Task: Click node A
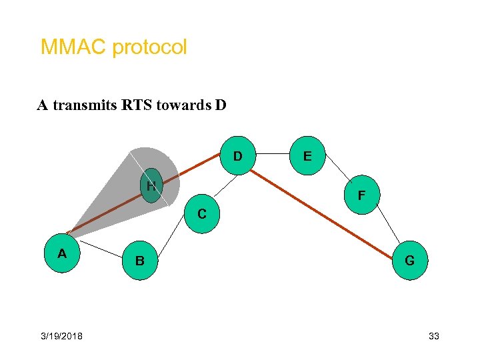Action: (63, 253)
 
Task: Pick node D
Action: (237, 156)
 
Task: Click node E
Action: (307, 156)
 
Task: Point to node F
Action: (361, 195)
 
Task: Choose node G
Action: (409, 260)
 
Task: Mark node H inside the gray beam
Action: (152, 186)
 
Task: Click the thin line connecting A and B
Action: (101, 250)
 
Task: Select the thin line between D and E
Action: (272, 154)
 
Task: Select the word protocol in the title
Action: (149, 48)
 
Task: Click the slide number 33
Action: (434, 336)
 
